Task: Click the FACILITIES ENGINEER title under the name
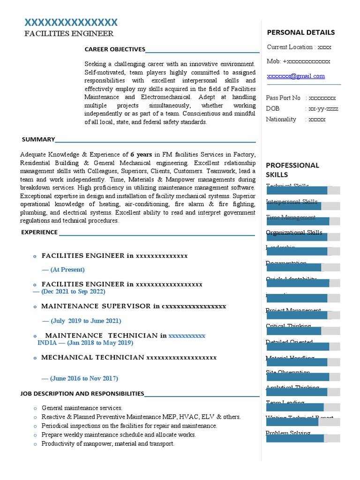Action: [x=69, y=34]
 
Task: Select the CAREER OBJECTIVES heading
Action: [x=115, y=49]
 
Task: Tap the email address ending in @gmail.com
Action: [x=296, y=76]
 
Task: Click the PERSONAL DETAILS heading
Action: [x=300, y=32]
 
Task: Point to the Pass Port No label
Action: [x=283, y=98]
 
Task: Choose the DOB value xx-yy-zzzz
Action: [x=323, y=109]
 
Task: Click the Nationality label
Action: [x=281, y=119]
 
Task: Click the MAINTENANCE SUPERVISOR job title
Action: [x=96, y=306]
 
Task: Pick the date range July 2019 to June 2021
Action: [x=82, y=321]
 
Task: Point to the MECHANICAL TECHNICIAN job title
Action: [x=92, y=357]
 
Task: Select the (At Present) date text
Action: [x=63, y=270]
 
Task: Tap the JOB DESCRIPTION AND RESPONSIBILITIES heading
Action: [x=82, y=394]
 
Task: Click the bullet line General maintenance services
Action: [x=82, y=408]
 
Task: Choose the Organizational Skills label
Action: [x=294, y=232]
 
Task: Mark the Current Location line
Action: [x=299, y=47]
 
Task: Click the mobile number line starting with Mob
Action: [x=299, y=61]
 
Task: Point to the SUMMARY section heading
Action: [x=38, y=139]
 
